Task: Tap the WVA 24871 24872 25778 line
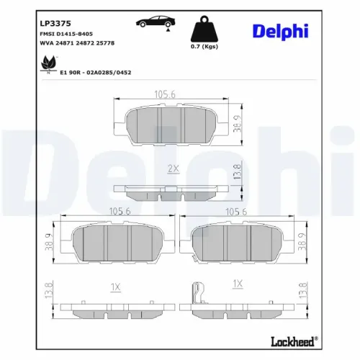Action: (77, 43)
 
